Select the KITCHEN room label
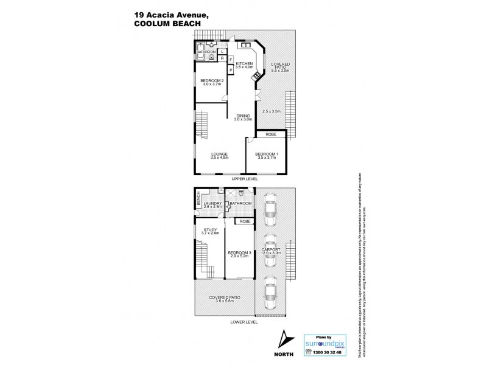(x=244, y=64)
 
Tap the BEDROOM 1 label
(x=267, y=154)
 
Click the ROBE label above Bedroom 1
(x=270, y=134)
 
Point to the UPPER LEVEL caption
(x=244, y=179)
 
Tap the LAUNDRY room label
(x=212, y=204)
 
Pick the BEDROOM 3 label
(x=240, y=252)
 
